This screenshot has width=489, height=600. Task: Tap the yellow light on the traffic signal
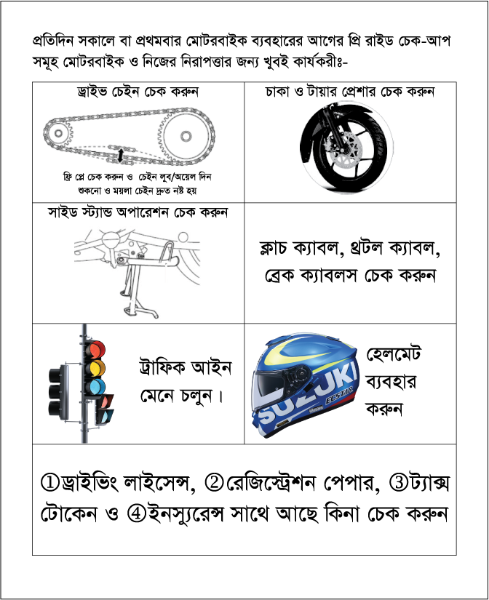(x=95, y=369)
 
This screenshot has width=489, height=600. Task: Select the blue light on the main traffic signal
(x=95, y=387)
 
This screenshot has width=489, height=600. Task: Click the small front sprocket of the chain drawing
(x=58, y=133)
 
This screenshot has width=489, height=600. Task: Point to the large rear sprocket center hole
(x=186, y=136)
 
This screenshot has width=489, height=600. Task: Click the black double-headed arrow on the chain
(x=121, y=156)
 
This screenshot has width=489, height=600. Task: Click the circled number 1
(x=50, y=482)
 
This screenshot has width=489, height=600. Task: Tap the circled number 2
(x=215, y=482)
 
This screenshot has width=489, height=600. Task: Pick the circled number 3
(x=399, y=482)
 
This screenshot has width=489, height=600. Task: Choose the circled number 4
(x=136, y=513)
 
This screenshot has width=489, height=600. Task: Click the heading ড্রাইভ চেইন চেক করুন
(x=138, y=92)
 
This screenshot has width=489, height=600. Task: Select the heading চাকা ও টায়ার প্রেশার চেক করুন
(x=350, y=92)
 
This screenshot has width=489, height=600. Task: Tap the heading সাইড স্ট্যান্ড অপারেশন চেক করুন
(x=138, y=212)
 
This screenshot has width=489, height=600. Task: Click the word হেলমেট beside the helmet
(x=393, y=353)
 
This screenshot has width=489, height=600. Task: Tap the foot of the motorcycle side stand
(x=142, y=313)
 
